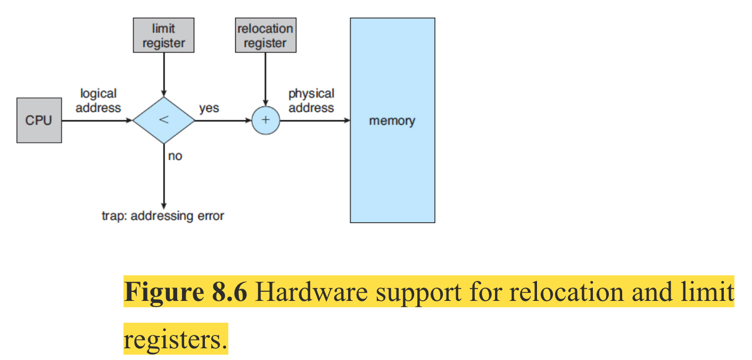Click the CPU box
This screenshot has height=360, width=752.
[x=39, y=120]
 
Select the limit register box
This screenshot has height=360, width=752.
[x=163, y=36]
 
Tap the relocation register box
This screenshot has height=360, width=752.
[x=265, y=36]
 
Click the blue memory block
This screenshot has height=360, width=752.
[x=392, y=120]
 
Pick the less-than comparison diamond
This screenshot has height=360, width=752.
[x=163, y=120]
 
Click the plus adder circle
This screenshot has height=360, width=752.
[x=265, y=120]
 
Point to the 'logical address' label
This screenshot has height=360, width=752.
[x=98, y=101]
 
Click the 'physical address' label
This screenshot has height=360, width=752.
[x=311, y=101]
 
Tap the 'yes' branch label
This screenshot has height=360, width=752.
[x=209, y=108]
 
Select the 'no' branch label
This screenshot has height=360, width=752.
[x=175, y=157]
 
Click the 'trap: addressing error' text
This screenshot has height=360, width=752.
[x=163, y=216]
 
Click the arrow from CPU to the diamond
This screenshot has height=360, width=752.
[x=96, y=121]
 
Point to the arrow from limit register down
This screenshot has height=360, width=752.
[x=163, y=75]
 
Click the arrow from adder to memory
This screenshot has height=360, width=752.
[x=314, y=121]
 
